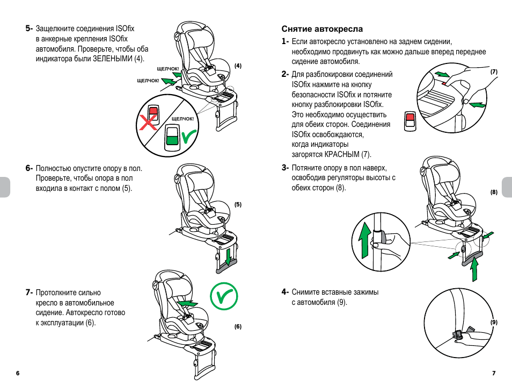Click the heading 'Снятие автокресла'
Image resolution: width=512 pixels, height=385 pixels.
[314, 29]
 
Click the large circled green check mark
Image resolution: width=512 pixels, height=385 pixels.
[224, 295]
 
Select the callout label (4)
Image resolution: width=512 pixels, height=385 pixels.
[238, 66]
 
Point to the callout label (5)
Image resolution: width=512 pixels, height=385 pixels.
[238, 204]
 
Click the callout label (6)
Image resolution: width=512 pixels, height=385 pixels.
[238, 326]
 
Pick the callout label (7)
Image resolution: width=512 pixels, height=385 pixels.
[494, 72]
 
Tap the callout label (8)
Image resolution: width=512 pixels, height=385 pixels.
[494, 192]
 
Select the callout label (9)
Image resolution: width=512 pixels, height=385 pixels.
[494, 322]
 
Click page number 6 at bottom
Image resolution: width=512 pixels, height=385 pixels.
[18, 373]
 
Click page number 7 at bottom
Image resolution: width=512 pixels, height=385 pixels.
[494, 373]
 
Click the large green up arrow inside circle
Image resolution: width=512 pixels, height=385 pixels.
[364, 240]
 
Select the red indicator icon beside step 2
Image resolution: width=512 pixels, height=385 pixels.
[410, 119]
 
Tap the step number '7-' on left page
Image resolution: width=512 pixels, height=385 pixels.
[29, 293]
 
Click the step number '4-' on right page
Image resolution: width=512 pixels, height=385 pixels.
[286, 292]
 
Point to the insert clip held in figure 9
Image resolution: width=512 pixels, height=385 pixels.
[459, 334]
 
